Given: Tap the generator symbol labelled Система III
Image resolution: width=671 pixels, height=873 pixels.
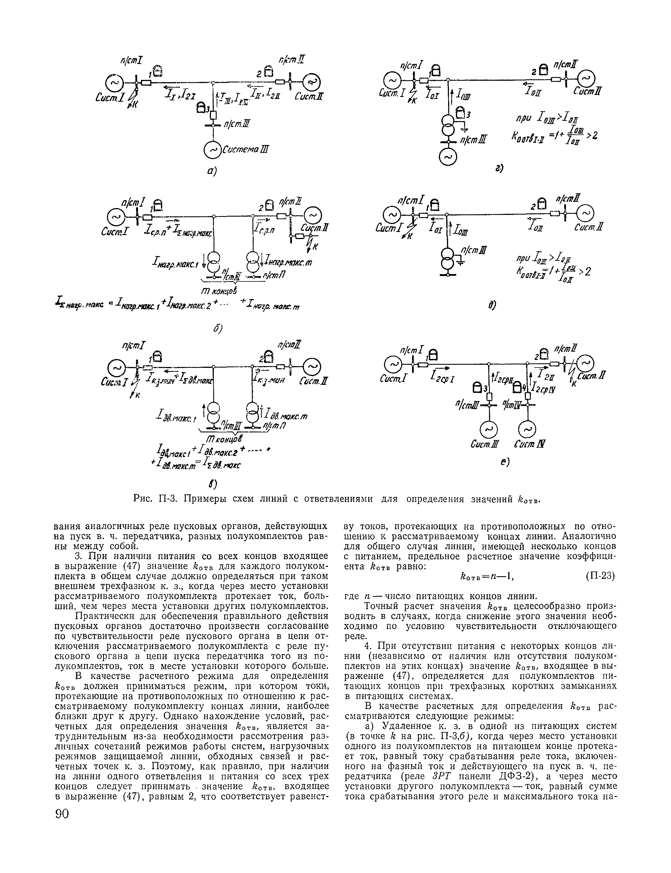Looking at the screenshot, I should pos(212,150).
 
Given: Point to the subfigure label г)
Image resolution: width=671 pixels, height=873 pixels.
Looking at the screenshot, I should pos(499,169).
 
